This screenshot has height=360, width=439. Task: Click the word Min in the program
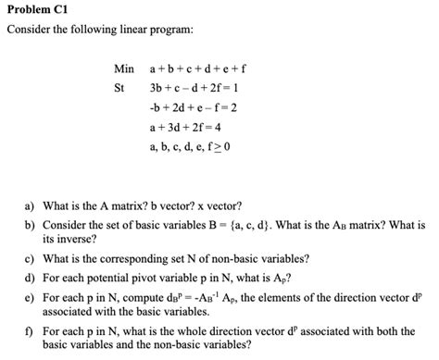coord(123,70)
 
